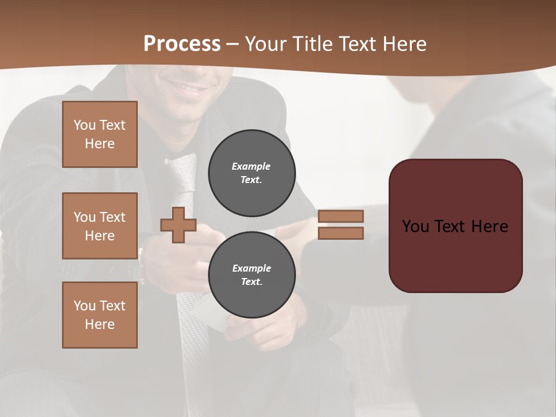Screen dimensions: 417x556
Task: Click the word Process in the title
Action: tap(182, 44)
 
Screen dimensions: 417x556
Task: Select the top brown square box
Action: tap(100, 134)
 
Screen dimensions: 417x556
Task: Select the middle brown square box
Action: tap(100, 226)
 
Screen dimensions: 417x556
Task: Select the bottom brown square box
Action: tap(100, 315)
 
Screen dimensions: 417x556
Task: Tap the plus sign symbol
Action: tap(178, 225)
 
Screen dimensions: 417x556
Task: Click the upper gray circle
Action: tap(251, 173)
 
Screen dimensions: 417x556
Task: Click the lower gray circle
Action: tap(251, 275)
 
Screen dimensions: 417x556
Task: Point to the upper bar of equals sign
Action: tap(341, 216)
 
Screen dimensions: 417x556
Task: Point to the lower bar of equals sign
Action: tap(341, 233)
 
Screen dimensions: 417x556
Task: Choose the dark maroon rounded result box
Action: tap(455, 255)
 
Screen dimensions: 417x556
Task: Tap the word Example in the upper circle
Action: tap(251, 166)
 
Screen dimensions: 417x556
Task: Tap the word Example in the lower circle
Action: tap(251, 268)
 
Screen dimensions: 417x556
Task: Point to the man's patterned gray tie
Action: tap(184, 180)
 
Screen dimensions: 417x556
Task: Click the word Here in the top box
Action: tap(100, 144)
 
